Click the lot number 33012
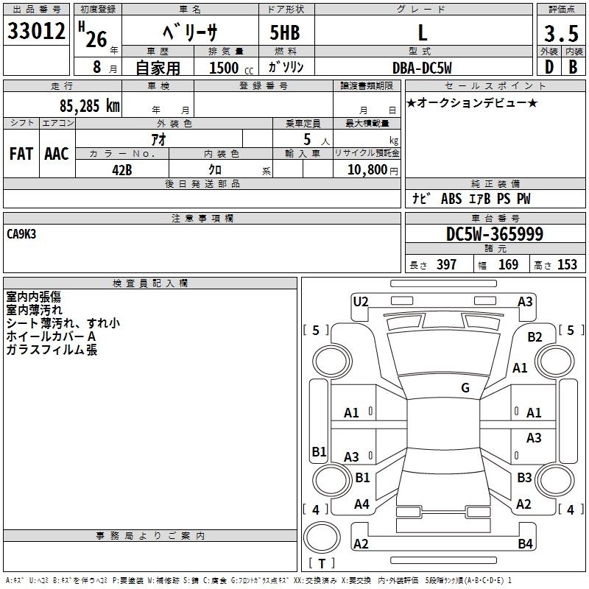[36, 31]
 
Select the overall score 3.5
[561, 33]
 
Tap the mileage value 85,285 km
[89, 106]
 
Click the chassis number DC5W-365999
[494, 234]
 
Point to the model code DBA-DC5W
[422, 68]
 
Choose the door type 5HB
[285, 32]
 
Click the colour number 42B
[122, 170]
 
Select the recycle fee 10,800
[367, 170]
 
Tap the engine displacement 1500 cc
[231, 68]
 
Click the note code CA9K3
[21, 234]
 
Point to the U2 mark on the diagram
[361, 302]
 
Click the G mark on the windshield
[465, 388]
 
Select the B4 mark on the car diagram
[525, 543]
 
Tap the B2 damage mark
[535, 337]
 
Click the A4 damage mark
[361, 504]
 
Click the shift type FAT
[21, 154]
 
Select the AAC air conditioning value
[57, 154]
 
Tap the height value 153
[567, 264]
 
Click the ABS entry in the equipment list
[451, 199]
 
